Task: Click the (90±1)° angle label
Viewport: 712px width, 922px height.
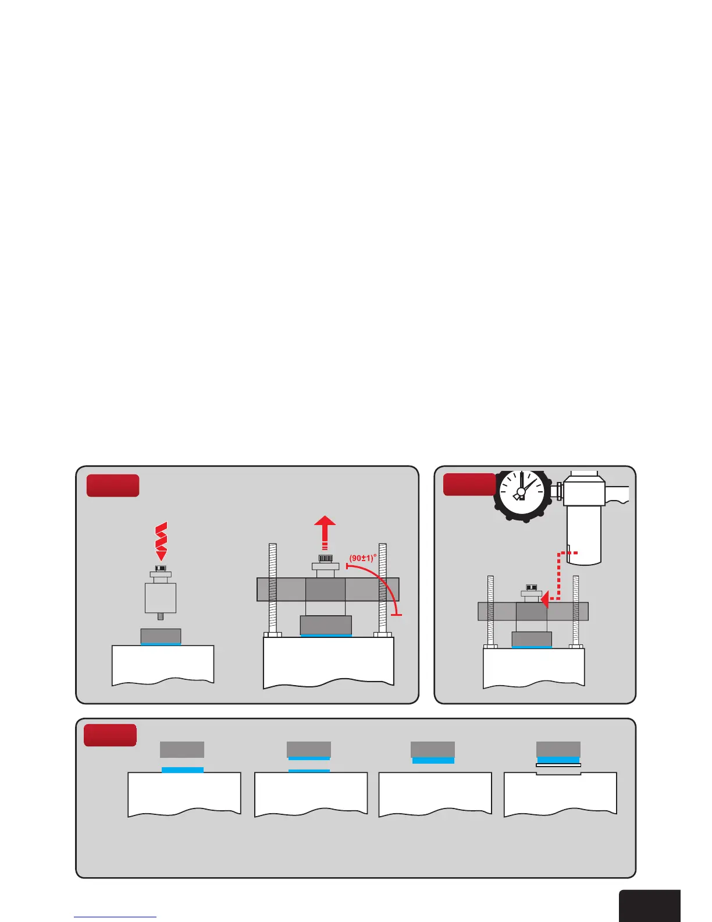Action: [363, 558]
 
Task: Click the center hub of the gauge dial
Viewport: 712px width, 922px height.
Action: [521, 492]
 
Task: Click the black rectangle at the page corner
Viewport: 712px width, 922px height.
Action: [649, 905]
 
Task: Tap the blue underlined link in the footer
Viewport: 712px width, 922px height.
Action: [115, 917]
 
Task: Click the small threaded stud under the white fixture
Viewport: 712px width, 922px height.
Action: [161, 617]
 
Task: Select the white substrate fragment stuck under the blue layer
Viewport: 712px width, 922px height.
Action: [558, 765]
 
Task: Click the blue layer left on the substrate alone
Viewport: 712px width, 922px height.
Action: [183, 769]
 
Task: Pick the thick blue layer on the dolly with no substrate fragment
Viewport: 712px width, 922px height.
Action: [433, 760]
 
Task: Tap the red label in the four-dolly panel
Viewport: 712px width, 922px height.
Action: [110, 735]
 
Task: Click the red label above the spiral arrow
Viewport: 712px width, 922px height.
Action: [113, 485]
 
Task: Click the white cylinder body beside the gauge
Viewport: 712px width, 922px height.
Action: [584, 533]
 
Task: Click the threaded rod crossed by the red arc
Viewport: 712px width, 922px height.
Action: [383, 588]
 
